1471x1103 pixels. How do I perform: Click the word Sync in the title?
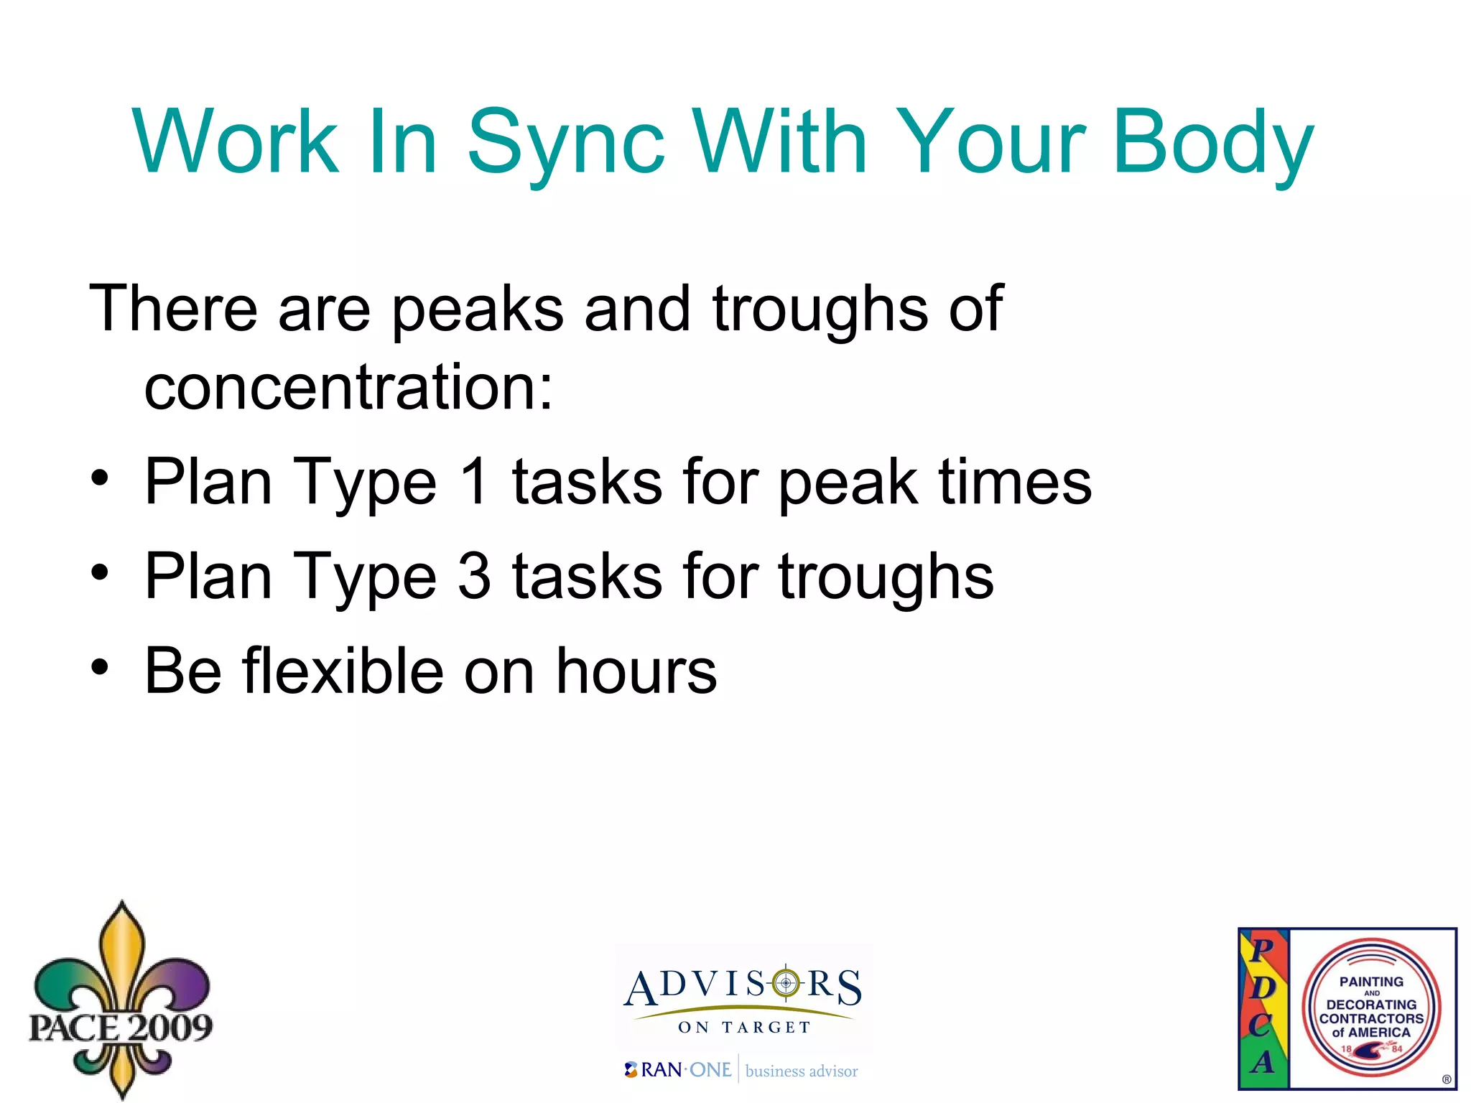click(x=566, y=142)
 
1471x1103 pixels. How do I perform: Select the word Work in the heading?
click(x=235, y=142)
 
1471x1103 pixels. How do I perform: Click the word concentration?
click(x=349, y=388)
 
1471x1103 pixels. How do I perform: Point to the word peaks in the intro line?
click(x=477, y=309)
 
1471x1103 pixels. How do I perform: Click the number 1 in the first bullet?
click(x=475, y=482)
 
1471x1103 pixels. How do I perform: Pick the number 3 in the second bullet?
click(x=475, y=577)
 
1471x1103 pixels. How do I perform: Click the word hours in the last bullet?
click(x=636, y=671)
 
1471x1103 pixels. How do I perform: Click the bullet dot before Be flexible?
click(x=100, y=668)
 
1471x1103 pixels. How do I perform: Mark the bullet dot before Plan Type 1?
click(x=100, y=478)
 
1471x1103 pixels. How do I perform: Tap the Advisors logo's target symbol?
click(x=786, y=983)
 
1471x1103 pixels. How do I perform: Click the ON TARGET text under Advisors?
click(x=744, y=1028)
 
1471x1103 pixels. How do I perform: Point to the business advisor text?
click(x=802, y=1071)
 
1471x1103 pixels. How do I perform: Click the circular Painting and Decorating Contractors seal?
click(x=1371, y=1007)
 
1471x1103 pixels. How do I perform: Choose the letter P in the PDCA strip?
click(x=1262, y=949)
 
